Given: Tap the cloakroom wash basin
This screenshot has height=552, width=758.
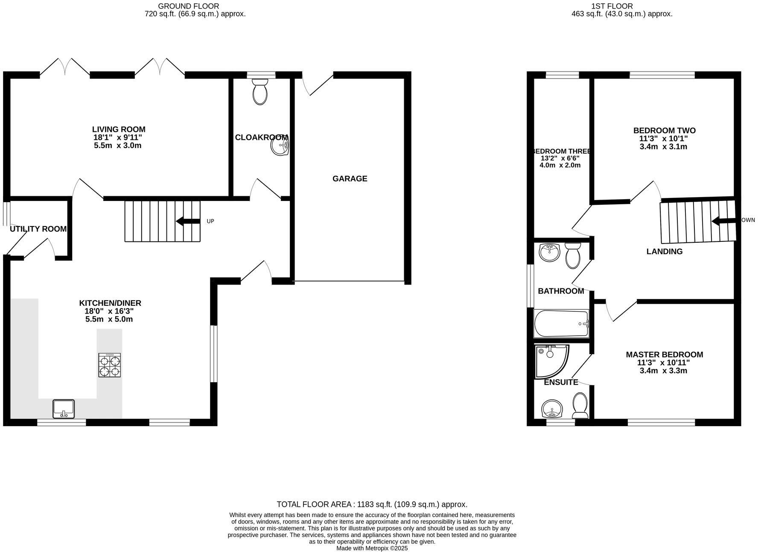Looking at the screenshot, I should [280, 147].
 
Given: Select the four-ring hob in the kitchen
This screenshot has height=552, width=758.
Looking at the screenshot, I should [110, 365].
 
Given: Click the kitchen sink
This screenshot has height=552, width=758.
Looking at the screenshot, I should [64, 409].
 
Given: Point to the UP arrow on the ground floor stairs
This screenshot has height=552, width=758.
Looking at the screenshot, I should [188, 221].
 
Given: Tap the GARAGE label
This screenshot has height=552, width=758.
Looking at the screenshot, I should [350, 179].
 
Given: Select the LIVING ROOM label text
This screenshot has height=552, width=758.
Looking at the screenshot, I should [119, 129].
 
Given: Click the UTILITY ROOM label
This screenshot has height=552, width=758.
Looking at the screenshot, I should [38, 229].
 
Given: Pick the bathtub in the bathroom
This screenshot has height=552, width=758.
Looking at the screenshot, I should [561, 324].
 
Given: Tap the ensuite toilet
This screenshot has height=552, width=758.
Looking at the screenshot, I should [580, 406].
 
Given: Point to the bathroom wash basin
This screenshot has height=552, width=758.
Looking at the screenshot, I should [549, 253].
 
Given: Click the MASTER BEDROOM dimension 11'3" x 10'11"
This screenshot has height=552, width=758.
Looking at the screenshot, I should [663, 363].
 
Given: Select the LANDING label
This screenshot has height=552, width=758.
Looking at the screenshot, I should [664, 252].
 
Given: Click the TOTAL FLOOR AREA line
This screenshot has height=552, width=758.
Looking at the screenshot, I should [372, 504].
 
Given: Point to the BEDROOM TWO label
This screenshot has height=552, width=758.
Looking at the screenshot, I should [664, 131].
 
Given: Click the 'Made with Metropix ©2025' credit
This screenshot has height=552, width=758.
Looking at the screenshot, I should [372, 548].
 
